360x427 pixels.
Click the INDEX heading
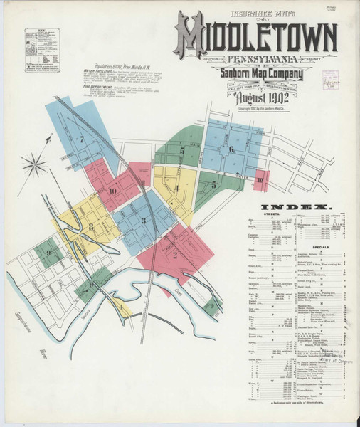[297, 207]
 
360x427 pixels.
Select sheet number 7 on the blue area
[82, 139]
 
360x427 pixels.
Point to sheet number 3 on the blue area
[143, 221]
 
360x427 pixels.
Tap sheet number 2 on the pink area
[175, 255]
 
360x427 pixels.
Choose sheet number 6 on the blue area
[232, 149]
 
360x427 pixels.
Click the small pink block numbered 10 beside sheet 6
[261, 179]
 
